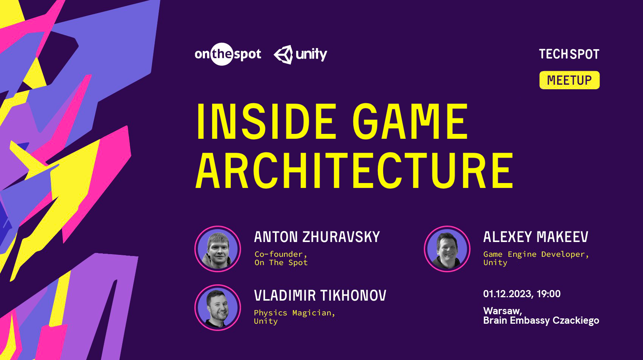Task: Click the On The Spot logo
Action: pyautogui.click(x=228, y=54)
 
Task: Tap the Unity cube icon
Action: pyautogui.click(x=283, y=54)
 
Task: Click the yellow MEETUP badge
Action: pyautogui.click(x=569, y=80)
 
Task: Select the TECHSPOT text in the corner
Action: pyautogui.click(x=569, y=54)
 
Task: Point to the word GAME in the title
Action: pyautogui.click(x=411, y=122)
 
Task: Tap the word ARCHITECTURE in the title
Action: pyautogui.click(x=354, y=171)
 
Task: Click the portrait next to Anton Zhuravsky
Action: pyautogui.click(x=218, y=249)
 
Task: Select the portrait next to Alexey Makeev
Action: pyautogui.click(x=447, y=249)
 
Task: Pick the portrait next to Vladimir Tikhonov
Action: pyautogui.click(x=218, y=307)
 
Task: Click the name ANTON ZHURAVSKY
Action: pyautogui.click(x=317, y=237)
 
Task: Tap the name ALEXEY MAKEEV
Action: pyautogui.click(x=536, y=237)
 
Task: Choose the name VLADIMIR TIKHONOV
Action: pyautogui.click(x=320, y=296)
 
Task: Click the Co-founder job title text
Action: pyautogui.click(x=281, y=254)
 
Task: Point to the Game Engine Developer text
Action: pyautogui.click(x=536, y=254)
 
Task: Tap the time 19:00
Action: pyautogui.click(x=548, y=294)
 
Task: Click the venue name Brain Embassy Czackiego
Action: pyautogui.click(x=541, y=321)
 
